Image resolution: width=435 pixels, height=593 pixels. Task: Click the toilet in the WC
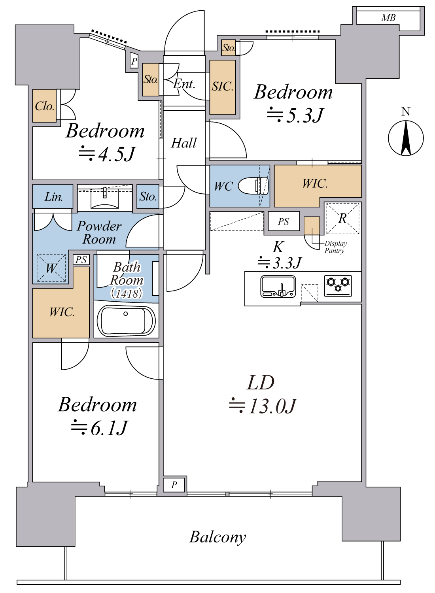253,185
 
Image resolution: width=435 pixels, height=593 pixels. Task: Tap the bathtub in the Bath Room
126,321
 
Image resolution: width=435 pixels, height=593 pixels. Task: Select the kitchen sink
278,286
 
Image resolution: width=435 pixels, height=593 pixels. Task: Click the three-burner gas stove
338,285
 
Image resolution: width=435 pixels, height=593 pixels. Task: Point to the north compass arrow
406,138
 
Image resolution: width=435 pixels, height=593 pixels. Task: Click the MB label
388,18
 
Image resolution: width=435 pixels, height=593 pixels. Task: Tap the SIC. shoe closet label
222,86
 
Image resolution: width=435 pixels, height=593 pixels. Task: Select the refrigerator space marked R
342,218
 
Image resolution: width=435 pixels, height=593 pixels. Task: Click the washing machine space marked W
51,268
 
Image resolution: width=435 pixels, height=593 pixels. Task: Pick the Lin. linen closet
53,196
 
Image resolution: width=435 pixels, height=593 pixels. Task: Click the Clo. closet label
44,106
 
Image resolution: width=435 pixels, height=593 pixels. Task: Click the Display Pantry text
335,247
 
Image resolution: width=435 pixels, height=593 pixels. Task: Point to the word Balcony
217,537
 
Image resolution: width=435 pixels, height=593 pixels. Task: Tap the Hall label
184,143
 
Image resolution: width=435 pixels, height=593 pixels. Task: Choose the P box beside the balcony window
174,484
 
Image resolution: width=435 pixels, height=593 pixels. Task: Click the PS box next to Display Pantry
284,221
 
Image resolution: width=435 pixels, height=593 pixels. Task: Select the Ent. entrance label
184,84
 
